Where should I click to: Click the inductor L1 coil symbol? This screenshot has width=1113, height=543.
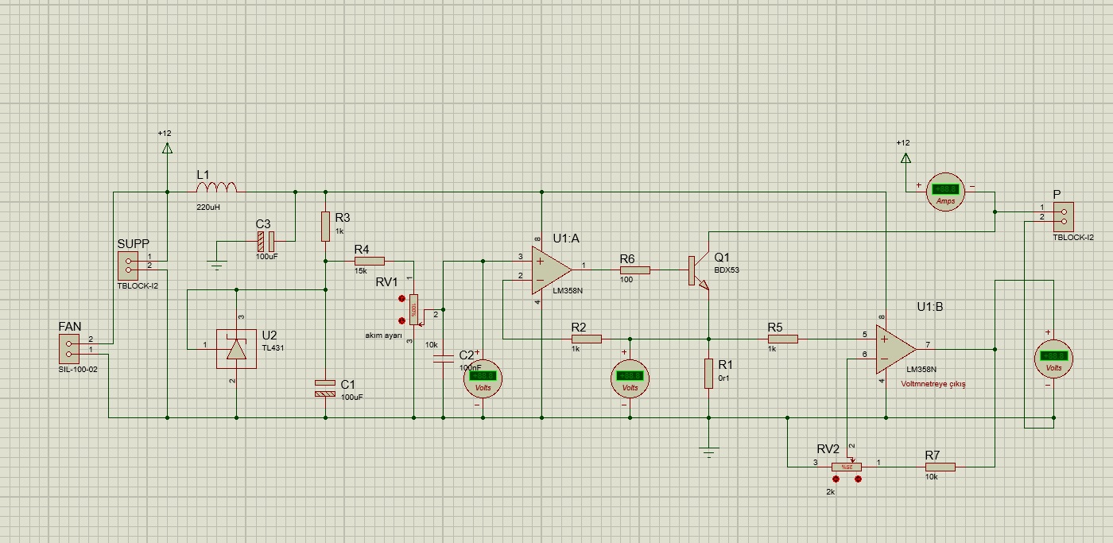pos(216,188)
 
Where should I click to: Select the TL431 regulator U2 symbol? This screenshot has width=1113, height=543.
pos(237,349)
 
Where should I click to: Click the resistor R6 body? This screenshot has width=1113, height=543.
pos(634,270)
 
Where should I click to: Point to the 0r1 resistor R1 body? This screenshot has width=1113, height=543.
pos(708,374)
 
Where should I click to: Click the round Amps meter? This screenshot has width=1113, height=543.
pos(945,190)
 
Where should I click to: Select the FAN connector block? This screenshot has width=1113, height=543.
pos(69,349)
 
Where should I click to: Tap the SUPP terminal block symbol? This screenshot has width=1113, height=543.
pos(128,264)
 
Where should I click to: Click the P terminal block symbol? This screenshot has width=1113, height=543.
pos(1062,214)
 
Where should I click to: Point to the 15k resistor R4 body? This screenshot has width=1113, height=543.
pos(369,261)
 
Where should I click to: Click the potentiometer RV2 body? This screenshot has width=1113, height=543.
pos(847,467)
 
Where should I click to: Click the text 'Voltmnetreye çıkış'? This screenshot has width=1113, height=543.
pos(933,384)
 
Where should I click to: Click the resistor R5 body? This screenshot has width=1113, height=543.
pos(782,339)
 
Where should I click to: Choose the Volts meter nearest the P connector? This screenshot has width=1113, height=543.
pos(1053,357)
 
